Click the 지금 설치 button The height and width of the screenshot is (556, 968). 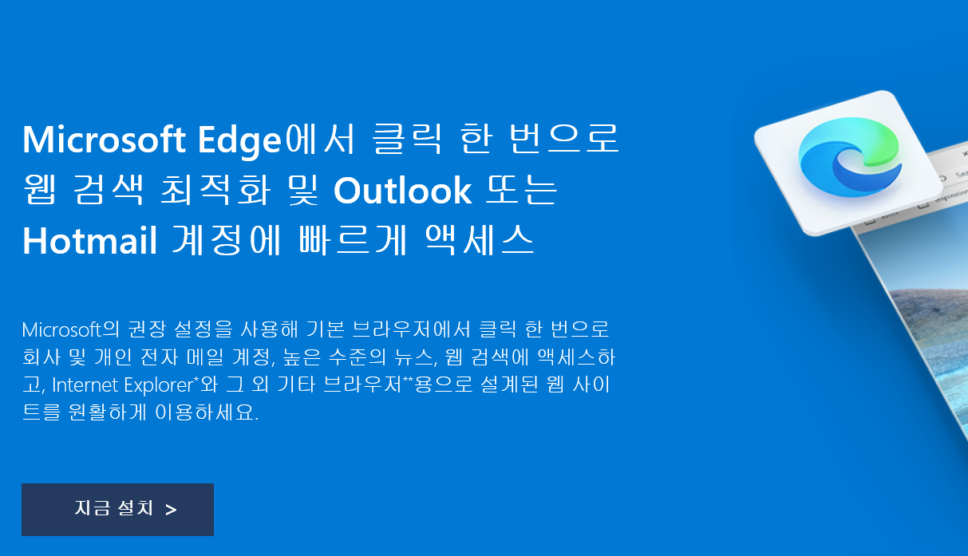tap(117, 510)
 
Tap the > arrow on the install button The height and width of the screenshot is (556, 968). tap(171, 511)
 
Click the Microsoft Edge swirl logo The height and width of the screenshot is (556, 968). tap(850, 157)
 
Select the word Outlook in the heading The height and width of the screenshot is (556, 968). tap(402, 191)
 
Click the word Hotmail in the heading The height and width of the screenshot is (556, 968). tap(90, 241)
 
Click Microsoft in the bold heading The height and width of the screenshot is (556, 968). tap(105, 140)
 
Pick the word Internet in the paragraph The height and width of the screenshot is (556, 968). tap(85, 385)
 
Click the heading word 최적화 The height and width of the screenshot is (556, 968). tap(215, 190)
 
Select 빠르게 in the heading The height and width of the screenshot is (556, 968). tap(353, 240)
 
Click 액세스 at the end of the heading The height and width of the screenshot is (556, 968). tap(480, 240)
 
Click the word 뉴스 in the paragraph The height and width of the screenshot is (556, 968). tap(413, 357)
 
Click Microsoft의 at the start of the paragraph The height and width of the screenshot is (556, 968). tap(70, 329)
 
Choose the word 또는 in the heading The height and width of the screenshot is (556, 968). tap(521, 190)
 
